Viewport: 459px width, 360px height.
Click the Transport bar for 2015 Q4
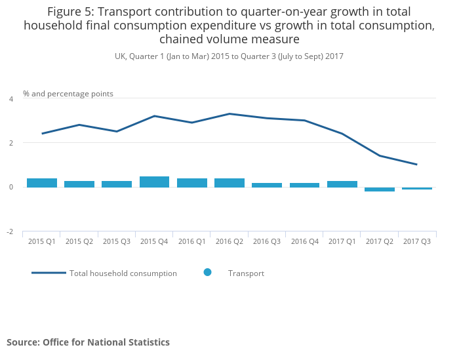click(x=154, y=182)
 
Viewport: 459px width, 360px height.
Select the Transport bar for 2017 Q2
click(x=380, y=190)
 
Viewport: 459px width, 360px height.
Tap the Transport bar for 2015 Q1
click(x=41, y=183)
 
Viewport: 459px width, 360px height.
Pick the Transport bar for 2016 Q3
click(x=267, y=185)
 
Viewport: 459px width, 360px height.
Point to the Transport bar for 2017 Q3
click(x=417, y=188)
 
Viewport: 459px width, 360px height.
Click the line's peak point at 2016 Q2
click(x=229, y=114)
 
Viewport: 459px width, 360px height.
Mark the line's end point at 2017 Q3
click(x=417, y=165)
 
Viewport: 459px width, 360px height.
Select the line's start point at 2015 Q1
click(x=41, y=134)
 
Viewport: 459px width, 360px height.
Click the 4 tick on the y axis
click(x=10, y=99)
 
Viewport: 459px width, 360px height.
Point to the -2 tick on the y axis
click(x=10, y=232)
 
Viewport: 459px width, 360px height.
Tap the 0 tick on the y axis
click(x=10, y=188)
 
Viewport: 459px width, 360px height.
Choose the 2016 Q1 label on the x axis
click(x=191, y=242)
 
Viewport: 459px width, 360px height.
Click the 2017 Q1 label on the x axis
click(x=342, y=242)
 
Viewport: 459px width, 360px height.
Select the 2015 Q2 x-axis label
click(x=79, y=242)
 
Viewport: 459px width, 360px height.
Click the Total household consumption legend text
click(x=123, y=273)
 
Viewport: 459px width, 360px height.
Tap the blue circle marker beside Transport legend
click(x=207, y=272)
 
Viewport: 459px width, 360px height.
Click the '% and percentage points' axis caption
click(x=68, y=94)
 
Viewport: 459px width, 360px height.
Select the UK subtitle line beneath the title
click(x=229, y=56)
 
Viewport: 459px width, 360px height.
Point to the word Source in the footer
click(x=22, y=342)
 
